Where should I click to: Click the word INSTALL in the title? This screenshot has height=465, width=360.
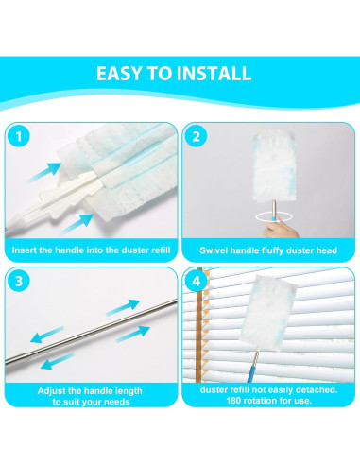pyautogui.click(x=214, y=74)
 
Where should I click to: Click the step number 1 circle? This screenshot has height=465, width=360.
pyautogui.click(x=19, y=137)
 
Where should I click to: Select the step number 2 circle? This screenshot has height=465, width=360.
pyautogui.click(x=196, y=137)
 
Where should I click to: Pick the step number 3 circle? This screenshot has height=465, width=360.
pyautogui.click(x=19, y=281)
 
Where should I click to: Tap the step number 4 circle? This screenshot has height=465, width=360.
pyautogui.click(x=196, y=281)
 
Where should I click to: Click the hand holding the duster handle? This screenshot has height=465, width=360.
pyautogui.click(x=280, y=229)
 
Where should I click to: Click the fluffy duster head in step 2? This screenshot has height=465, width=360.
pyautogui.click(x=275, y=166)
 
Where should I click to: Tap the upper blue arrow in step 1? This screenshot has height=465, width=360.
pyautogui.click(x=45, y=172)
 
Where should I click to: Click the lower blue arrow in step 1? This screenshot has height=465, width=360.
pyautogui.click(x=77, y=223)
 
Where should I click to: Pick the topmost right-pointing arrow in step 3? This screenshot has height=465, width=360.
pyautogui.click(x=123, y=307)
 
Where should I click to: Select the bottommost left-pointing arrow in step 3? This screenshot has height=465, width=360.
pyautogui.click(x=58, y=361)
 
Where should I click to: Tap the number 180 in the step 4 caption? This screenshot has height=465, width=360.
pyautogui.click(x=233, y=401)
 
